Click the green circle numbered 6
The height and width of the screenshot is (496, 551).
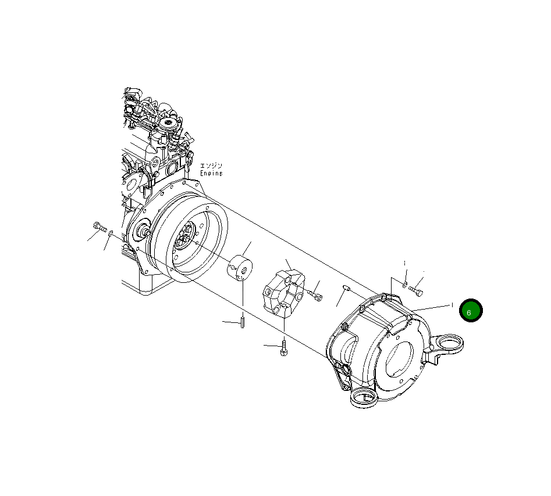click(470, 311)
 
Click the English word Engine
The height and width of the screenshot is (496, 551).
click(211, 173)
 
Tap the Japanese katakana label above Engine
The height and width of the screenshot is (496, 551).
click(211, 166)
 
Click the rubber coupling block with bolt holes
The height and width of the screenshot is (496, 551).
click(283, 294)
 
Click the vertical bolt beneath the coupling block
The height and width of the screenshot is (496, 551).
click(283, 348)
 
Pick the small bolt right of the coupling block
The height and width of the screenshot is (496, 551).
click(317, 297)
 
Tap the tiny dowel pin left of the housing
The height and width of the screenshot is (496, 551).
click(346, 287)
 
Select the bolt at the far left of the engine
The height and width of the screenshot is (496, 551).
click(98, 227)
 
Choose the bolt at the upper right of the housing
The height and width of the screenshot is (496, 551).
click(416, 288)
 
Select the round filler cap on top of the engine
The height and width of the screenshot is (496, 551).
click(170, 124)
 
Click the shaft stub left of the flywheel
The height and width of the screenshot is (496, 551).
click(141, 233)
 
